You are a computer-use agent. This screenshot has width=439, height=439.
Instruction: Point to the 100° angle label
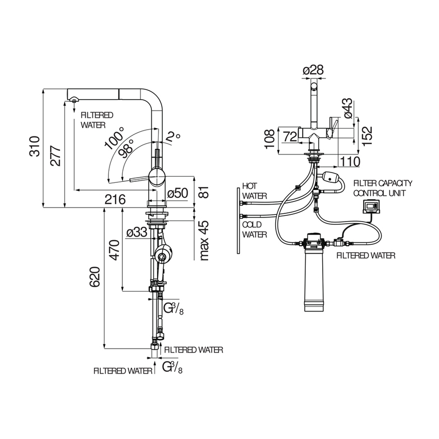pos(115,137)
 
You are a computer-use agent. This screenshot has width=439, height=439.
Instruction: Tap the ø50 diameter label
pos(177,194)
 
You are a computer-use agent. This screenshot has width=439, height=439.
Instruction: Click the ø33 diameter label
pos(137,233)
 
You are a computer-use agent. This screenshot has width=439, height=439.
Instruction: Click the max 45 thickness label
pos(203,240)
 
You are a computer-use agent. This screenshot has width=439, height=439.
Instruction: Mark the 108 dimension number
pos(269,138)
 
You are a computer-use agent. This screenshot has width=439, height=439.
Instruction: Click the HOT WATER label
pos(254,190)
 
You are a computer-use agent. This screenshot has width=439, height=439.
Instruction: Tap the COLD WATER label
pos(255,229)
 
